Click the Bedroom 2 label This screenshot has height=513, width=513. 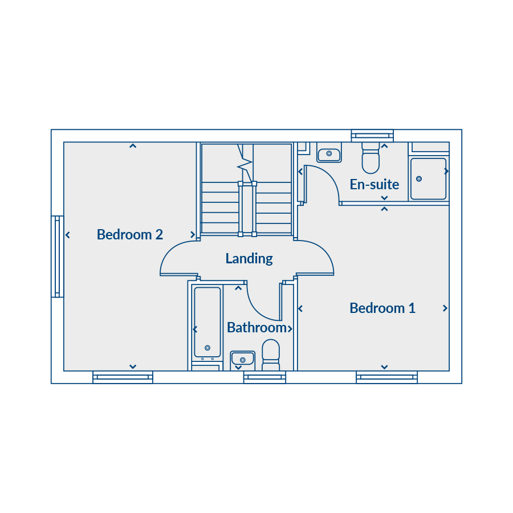129,235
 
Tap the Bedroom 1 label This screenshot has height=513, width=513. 382,308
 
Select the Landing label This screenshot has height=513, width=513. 249,259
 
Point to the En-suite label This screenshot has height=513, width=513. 374,185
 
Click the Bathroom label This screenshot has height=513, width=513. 257,328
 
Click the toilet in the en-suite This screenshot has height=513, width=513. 370,158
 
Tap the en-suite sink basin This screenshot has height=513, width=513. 329,153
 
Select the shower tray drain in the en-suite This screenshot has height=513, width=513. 419,179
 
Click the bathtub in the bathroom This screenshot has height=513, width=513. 207,322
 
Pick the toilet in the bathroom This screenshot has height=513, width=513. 271,355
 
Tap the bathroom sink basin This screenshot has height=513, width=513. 242,359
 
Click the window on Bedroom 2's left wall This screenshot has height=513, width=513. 57,256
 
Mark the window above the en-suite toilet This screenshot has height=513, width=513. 372,136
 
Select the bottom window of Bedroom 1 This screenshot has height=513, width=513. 386,377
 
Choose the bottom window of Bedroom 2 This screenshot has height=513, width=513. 123,377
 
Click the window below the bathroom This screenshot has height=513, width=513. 264,377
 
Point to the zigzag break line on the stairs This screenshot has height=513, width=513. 245,162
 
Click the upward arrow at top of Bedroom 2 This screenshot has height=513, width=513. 132,146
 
